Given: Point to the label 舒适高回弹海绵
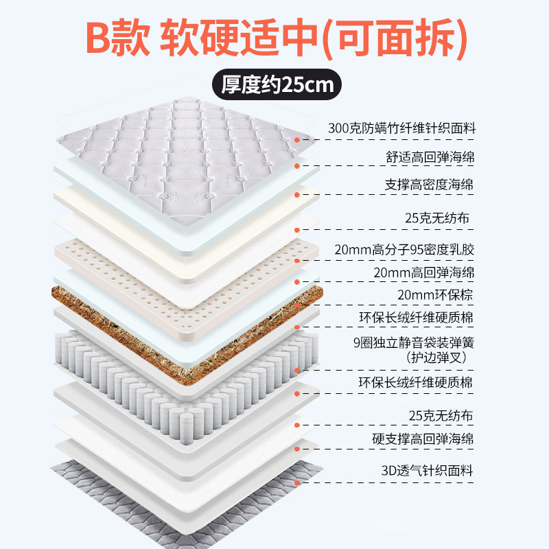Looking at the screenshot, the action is click(x=430, y=157).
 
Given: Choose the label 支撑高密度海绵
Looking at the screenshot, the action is click(x=430, y=185).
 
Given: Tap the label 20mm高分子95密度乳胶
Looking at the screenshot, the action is click(x=414, y=249).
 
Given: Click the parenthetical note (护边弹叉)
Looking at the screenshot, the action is click(x=440, y=357).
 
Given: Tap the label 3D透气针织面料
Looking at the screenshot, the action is click(x=427, y=471).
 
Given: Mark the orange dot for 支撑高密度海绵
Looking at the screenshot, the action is click(x=297, y=195).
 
